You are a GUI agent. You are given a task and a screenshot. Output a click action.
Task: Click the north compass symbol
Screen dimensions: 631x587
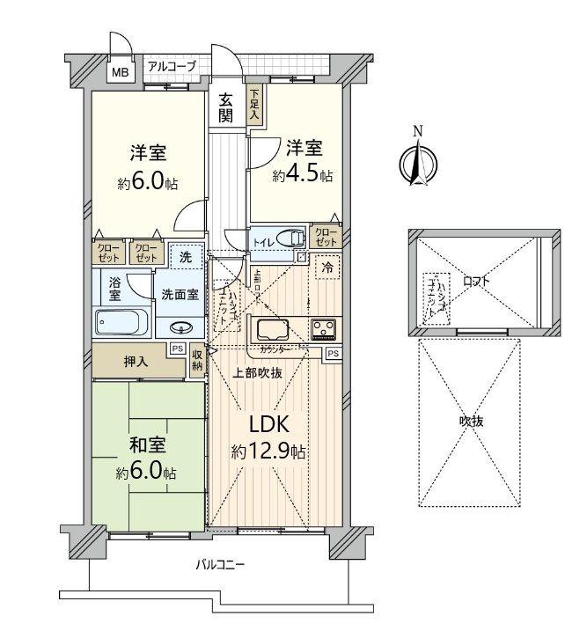pyautogui.click(x=419, y=163)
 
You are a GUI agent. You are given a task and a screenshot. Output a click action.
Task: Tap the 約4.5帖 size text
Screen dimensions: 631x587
pyautogui.click(x=302, y=176)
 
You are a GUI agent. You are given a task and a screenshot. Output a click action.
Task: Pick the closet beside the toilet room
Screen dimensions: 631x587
pyautogui.click(x=325, y=236)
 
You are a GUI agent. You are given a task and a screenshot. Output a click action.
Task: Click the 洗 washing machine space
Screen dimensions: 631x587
pyautogui.click(x=186, y=258)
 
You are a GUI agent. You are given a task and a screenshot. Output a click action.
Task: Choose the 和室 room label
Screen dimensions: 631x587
pyautogui.click(x=146, y=448)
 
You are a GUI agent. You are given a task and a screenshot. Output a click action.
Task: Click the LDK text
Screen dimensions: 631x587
pyautogui.click(x=268, y=426)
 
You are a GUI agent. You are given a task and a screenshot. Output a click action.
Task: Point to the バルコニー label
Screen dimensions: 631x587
pyautogui.click(x=219, y=563)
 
